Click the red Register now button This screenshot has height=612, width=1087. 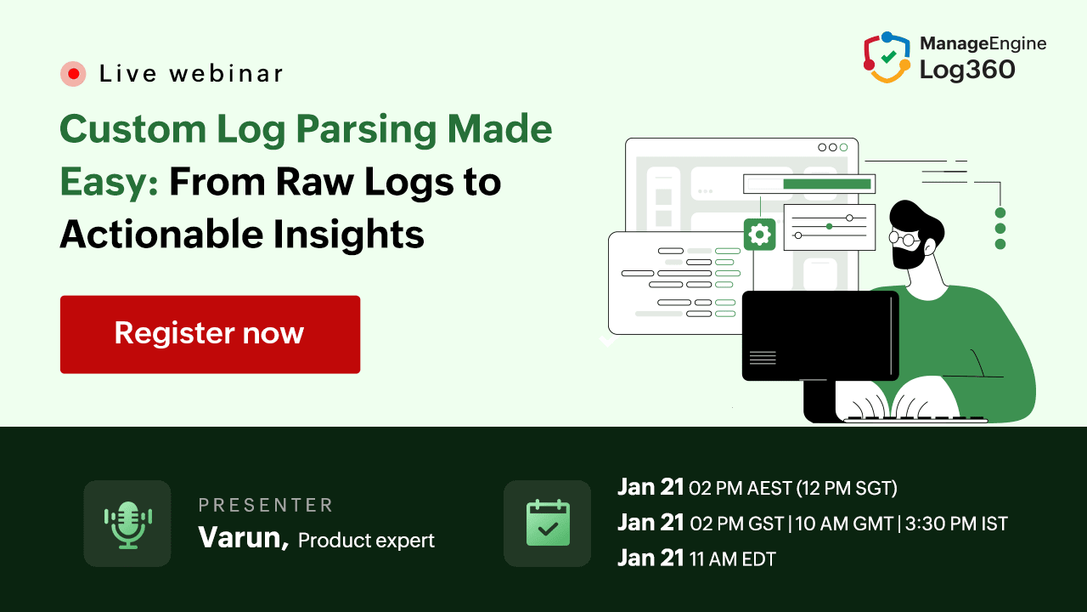[210, 334]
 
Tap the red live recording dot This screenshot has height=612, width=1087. [74, 74]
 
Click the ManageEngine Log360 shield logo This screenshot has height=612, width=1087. [887, 58]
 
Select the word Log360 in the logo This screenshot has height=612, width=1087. [967, 70]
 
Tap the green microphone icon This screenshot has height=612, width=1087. [127, 524]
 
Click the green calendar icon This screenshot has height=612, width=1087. [548, 524]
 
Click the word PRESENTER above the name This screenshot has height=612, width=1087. [266, 506]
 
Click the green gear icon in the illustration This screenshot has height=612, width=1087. [759, 235]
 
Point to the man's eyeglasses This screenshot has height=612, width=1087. [904, 239]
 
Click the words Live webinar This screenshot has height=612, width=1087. [191, 74]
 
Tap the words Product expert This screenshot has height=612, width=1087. [366, 540]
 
